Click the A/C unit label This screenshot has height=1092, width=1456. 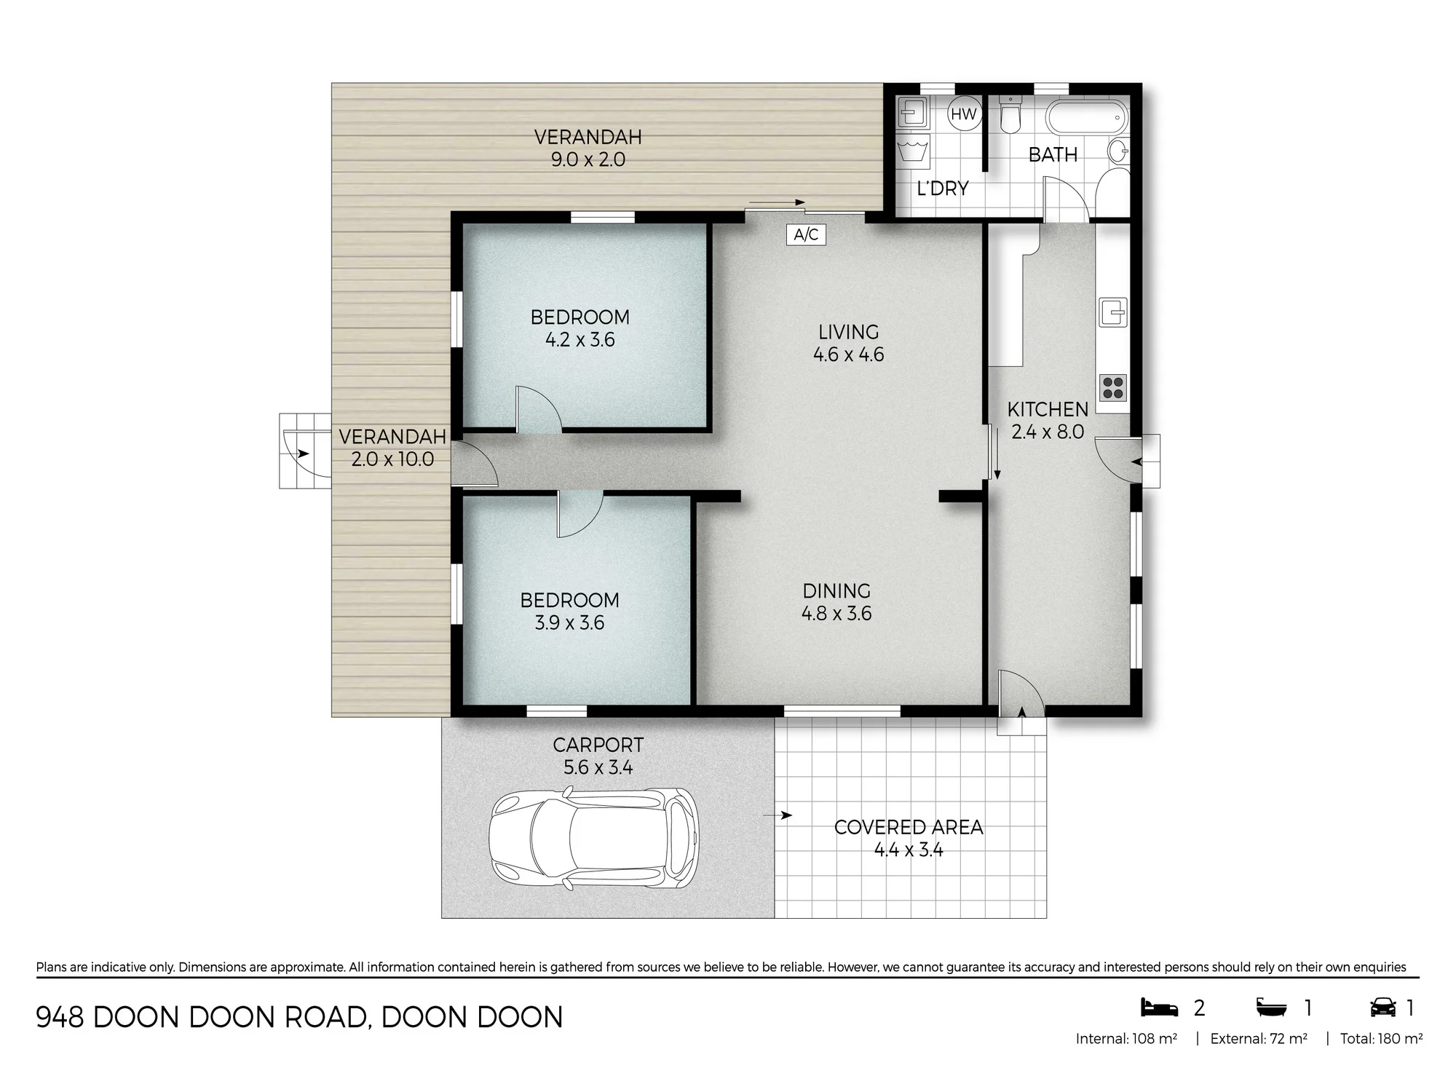pos(806,234)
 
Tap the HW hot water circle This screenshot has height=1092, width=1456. pos(963,114)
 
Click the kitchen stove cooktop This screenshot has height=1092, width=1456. pos(1113,388)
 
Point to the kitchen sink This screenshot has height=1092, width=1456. pos(1113,312)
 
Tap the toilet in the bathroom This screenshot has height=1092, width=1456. pos(1010,115)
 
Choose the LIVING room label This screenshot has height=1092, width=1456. pos(849,332)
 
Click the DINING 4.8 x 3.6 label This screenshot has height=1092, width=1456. pos(836,602)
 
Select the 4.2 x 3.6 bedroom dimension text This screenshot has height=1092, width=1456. pos(580,340)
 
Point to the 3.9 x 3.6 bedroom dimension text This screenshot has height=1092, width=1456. pos(569,623)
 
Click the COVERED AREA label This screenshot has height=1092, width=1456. pos(909,827)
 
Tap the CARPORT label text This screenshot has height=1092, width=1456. pos(598,745)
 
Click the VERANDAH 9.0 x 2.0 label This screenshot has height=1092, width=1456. pos(588,148)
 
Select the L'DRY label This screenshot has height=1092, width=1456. pos(943,189)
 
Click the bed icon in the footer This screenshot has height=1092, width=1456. pos(1159,1008)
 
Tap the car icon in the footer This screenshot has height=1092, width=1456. pos(1382,1008)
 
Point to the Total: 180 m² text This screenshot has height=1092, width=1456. pos(1381,1039)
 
